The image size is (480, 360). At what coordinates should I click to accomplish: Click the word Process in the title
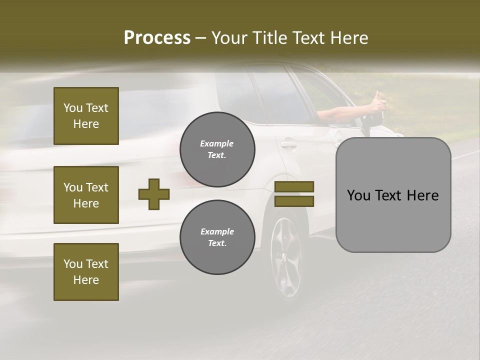[x=157, y=38]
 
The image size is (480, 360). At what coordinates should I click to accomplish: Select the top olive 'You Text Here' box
[x=86, y=116]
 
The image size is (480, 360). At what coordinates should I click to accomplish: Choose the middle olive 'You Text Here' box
[x=86, y=195]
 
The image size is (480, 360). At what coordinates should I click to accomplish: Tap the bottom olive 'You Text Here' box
[x=86, y=272]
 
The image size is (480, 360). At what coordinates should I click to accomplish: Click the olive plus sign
[x=154, y=193]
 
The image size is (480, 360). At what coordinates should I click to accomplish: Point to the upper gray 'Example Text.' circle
[x=217, y=149]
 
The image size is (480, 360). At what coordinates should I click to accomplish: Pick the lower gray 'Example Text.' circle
[x=217, y=237]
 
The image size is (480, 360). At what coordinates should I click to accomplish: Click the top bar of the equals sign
[x=294, y=186]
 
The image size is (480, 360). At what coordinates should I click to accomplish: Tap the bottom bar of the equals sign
[x=294, y=201]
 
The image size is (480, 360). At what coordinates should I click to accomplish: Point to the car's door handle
[x=288, y=144]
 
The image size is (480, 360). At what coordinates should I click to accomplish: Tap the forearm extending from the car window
[x=340, y=113]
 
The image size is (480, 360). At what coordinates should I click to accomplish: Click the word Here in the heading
[x=349, y=38]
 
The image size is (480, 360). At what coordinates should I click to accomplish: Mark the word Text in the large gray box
[x=392, y=195]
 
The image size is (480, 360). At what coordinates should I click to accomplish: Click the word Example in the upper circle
[x=216, y=143]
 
